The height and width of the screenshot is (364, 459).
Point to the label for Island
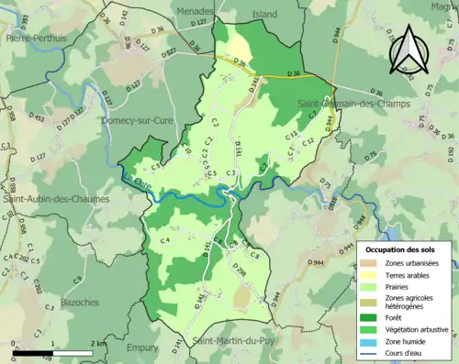coord(264,14)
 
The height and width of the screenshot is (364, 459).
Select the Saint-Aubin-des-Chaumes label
coord(55,198)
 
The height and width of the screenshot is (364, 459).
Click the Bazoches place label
coord(79,302)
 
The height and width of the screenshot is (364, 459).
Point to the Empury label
coord(142,347)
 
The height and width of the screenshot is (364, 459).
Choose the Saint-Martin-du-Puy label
coord(232,342)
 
